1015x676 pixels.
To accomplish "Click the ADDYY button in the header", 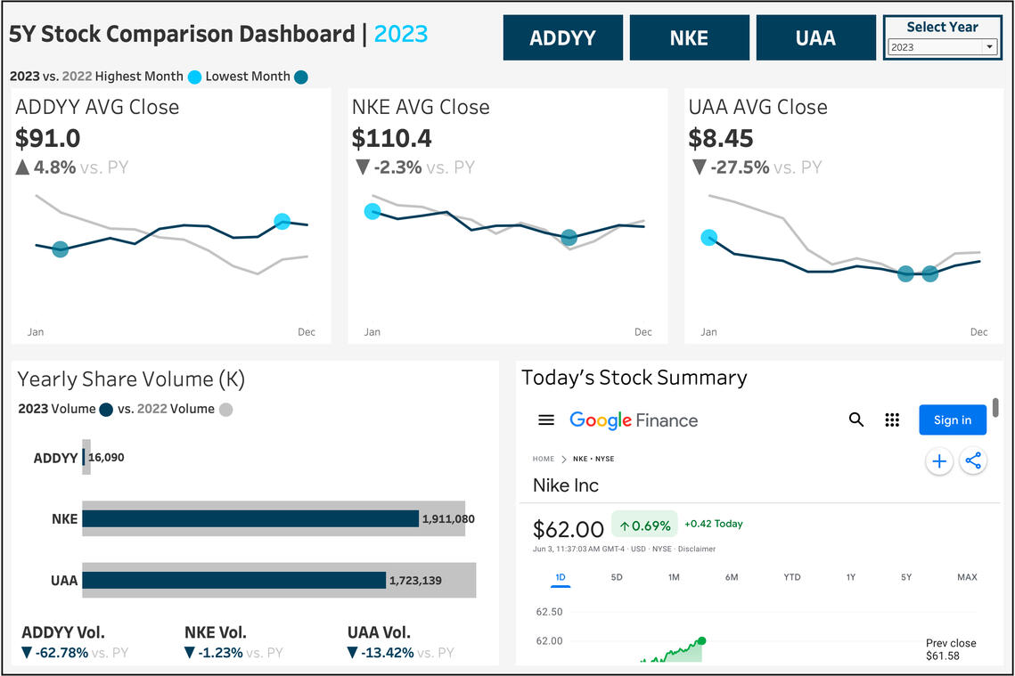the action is tap(562, 37).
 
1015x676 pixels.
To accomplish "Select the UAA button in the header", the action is tap(815, 37).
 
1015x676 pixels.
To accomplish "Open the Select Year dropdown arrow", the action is tap(989, 46).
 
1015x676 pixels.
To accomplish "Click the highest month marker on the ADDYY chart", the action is tap(282, 221).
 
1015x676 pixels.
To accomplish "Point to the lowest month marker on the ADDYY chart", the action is tap(61, 249).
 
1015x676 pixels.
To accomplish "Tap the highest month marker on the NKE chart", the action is tap(372, 211).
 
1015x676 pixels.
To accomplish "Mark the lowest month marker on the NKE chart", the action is tap(569, 238).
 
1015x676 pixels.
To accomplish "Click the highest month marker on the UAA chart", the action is tap(708, 238).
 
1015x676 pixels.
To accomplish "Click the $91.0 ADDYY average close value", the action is tap(48, 138).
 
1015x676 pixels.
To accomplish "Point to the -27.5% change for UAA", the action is tap(740, 167).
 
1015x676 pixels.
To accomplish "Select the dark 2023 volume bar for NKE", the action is tap(250, 519).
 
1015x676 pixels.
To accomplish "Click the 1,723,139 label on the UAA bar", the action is tap(415, 581).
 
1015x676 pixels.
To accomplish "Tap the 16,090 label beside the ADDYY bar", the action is tap(106, 458).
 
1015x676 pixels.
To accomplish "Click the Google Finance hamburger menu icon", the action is tap(546, 419).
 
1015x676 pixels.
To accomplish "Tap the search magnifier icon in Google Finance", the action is tap(855, 419).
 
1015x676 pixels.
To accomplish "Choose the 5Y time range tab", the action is tap(906, 577).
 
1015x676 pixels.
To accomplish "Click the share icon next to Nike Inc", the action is tap(973, 460).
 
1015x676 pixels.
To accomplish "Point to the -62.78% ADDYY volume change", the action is tap(61, 653).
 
